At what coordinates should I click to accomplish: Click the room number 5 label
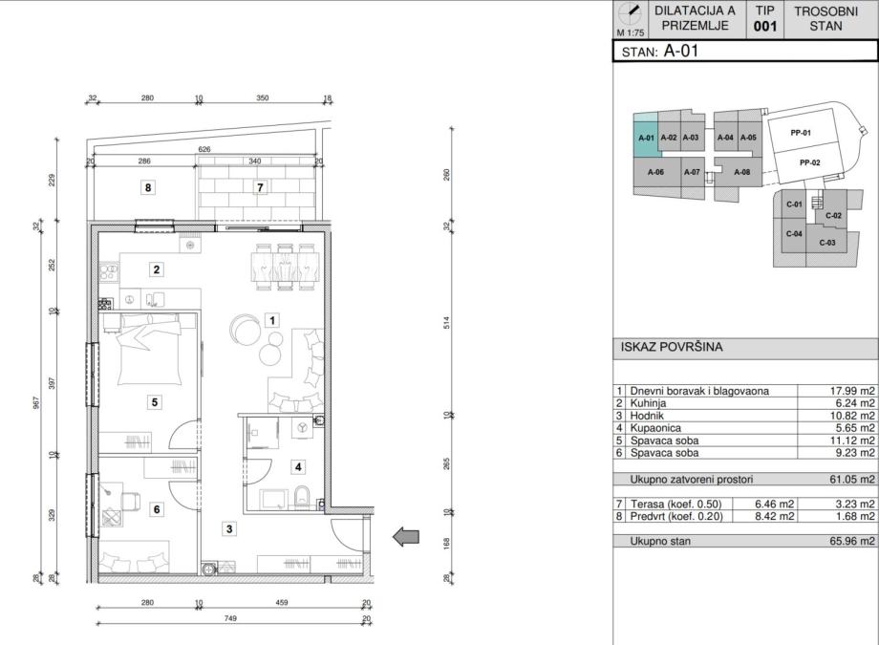pyautogui.click(x=155, y=402)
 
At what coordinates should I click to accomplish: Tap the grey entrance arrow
pyautogui.click(x=406, y=537)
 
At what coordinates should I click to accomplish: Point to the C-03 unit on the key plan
pyautogui.click(x=826, y=243)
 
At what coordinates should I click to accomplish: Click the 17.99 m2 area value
pyautogui.click(x=852, y=391)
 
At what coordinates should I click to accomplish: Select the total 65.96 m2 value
pyautogui.click(x=852, y=541)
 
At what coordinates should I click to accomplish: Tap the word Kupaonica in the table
pyautogui.click(x=655, y=428)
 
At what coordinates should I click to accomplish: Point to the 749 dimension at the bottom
pyautogui.click(x=230, y=618)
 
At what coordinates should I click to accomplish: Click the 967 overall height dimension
pyautogui.click(x=36, y=402)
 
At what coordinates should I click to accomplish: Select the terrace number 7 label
pyautogui.click(x=260, y=187)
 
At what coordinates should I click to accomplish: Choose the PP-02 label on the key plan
pyautogui.click(x=809, y=162)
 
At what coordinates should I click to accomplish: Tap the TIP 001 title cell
pyautogui.click(x=764, y=19)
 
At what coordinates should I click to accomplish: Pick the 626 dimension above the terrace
pyautogui.click(x=204, y=149)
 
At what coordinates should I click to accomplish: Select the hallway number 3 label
pyautogui.click(x=229, y=528)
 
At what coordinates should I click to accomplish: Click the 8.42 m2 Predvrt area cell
pyautogui.click(x=774, y=516)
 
